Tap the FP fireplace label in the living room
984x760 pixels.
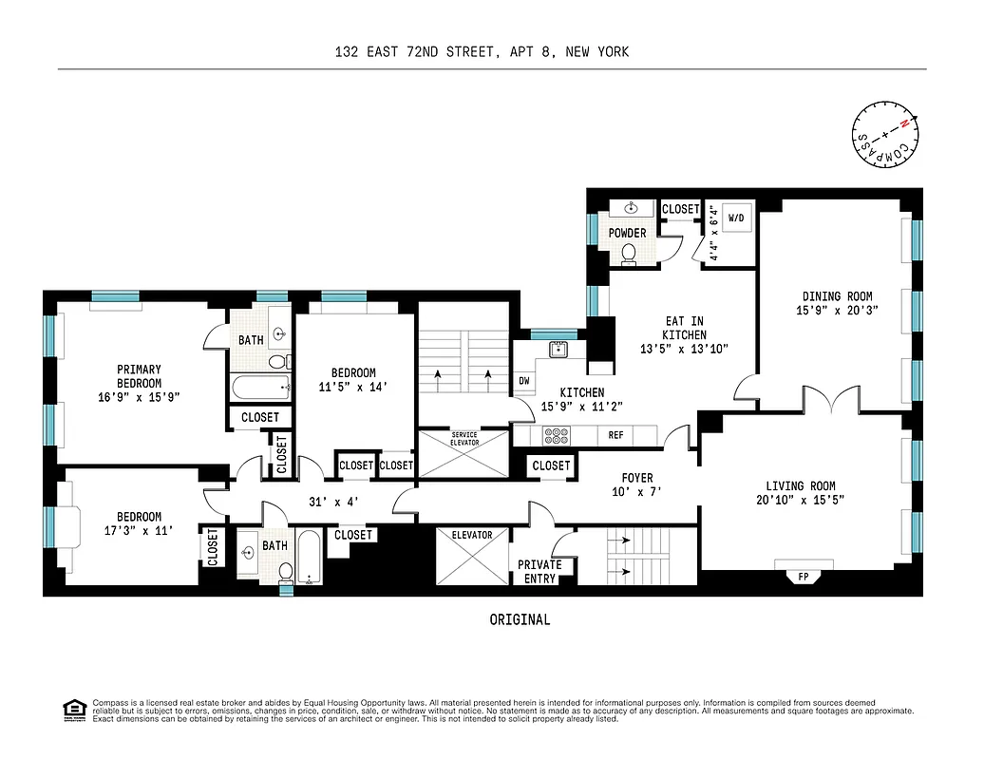tap(804, 576)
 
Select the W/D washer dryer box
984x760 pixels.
tap(736, 218)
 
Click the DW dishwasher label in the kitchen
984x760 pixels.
tap(523, 381)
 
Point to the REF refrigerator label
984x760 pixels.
tap(615, 435)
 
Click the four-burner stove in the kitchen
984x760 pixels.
tap(555, 435)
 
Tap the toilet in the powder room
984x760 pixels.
tap(628, 253)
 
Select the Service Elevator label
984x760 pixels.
tap(464, 440)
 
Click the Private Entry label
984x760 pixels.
tap(539, 571)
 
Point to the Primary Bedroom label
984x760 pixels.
tap(139, 376)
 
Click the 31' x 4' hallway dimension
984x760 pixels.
tap(333, 502)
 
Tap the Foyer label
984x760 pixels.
tap(636, 478)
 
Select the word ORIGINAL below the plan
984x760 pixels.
tap(520, 619)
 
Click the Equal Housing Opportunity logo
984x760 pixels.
tap(72, 708)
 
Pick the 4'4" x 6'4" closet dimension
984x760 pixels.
tap(713, 233)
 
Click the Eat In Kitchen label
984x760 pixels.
tap(684, 328)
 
